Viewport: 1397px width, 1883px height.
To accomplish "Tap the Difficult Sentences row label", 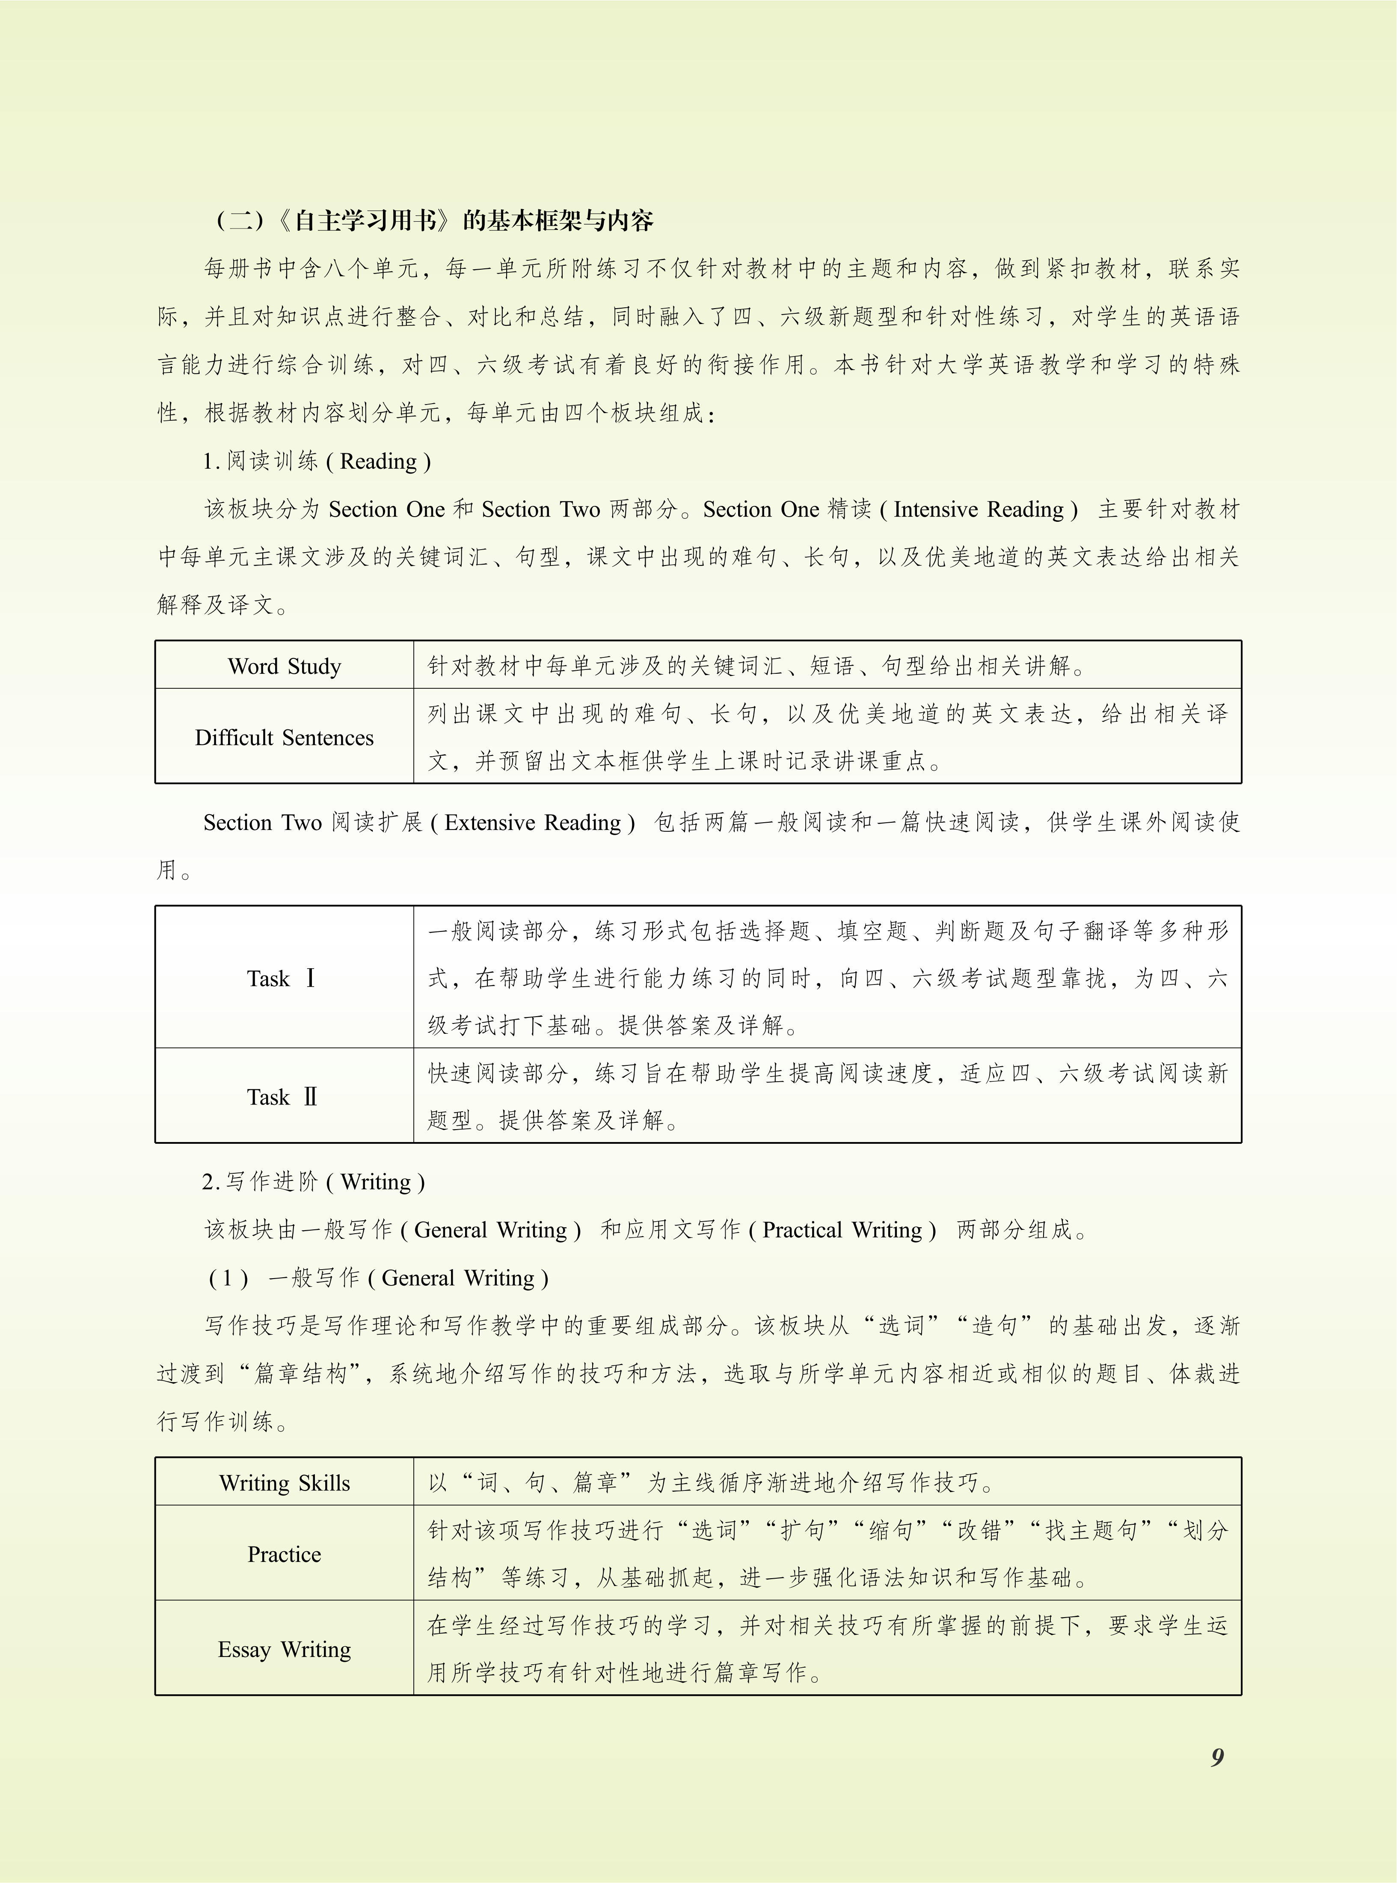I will tap(284, 738).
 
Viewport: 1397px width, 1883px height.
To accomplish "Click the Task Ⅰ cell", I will tap(282, 979).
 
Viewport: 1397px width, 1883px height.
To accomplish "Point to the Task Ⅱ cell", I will tap(282, 1097).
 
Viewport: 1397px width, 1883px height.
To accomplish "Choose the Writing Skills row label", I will tap(284, 1483).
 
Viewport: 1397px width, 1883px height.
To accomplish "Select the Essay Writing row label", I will tap(284, 1650).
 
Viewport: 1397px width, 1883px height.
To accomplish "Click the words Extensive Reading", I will tap(533, 823).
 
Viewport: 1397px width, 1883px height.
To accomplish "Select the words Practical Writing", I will tap(842, 1230).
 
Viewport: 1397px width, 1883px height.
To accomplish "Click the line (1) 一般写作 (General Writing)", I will tap(379, 1278).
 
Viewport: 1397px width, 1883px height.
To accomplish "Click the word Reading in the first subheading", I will tap(378, 461).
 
